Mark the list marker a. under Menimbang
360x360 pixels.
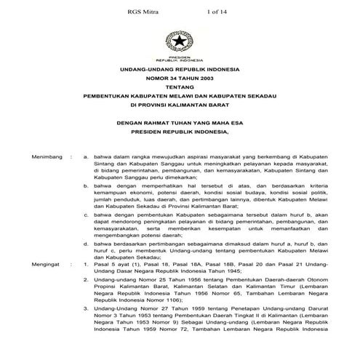tap(87, 156)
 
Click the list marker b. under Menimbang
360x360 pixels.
tap(87, 186)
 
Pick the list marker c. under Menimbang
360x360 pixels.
tap(87, 216)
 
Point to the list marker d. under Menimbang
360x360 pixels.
tap(87, 247)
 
